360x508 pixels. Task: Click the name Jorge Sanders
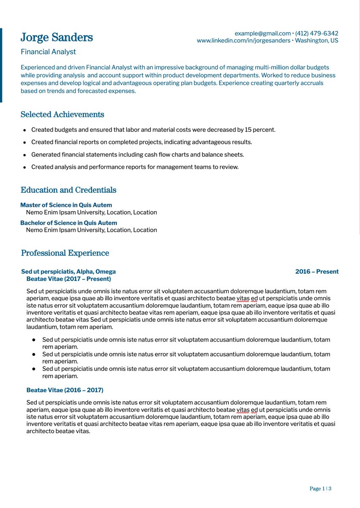(57, 38)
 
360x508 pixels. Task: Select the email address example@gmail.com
(262, 33)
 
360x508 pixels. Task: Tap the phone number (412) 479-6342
(316, 33)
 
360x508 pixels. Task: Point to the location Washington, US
(316, 41)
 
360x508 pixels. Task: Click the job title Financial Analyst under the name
(48, 52)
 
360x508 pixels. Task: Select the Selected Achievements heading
(62, 114)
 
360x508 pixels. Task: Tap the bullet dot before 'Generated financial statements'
(25, 155)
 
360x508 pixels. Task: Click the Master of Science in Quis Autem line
(66, 205)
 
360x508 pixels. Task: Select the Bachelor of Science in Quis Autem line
(69, 223)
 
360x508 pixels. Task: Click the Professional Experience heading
(65, 253)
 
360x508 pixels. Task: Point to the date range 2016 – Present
(317, 272)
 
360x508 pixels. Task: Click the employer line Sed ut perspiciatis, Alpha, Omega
(68, 272)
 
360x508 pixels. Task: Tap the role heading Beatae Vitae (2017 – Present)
(68, 279)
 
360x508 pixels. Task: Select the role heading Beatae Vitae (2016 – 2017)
(65, 390)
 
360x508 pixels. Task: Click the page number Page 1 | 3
(320, 489)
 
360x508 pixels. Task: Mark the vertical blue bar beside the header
(1, 65)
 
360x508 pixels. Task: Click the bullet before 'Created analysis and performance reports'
(25, 167)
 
